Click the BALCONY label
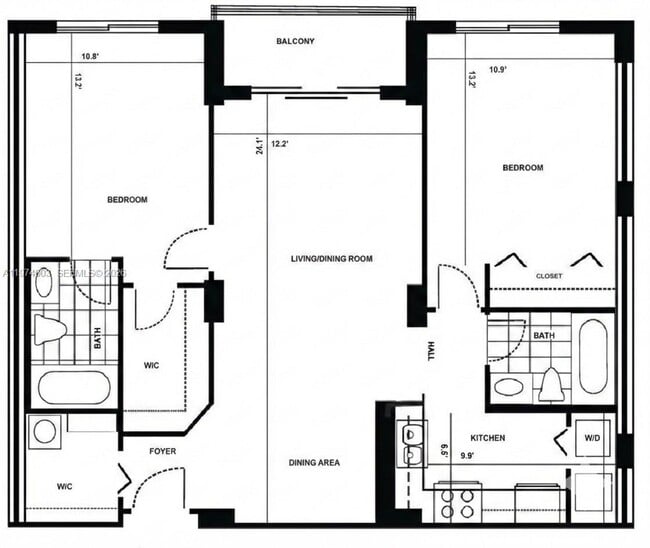(295, 41)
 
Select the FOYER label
(162, 451)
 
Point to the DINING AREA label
(315, 463)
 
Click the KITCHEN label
(487, 438)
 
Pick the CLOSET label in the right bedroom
(549, 276)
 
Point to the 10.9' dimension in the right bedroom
(498, 70)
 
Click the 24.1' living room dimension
(258, 146)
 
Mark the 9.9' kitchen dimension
(465, 458)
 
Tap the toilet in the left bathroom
(48, 329)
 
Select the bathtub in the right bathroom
(592, 356)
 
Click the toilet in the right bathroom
(550, 384)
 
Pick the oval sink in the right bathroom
(509, 388)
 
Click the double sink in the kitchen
(410, 444)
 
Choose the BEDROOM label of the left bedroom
(127, 200)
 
